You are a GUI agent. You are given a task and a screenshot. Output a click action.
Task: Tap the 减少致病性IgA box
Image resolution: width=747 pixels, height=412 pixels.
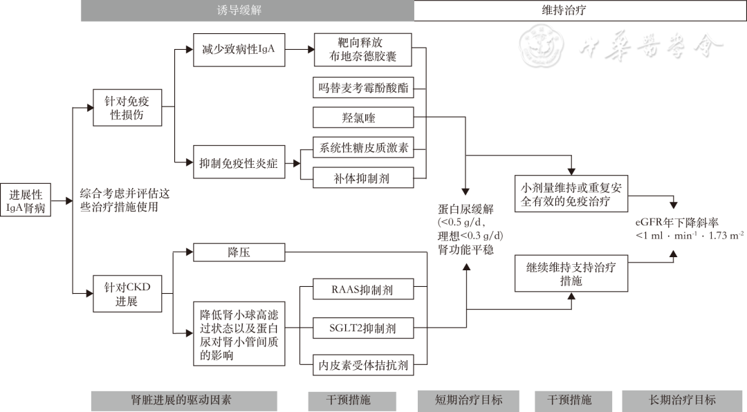(x=239, y=50)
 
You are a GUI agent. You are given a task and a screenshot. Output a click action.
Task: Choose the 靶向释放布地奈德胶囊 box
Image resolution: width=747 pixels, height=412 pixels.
(x=363, y=50)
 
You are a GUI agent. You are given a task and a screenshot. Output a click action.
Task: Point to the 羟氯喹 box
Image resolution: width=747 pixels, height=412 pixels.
(x=363, y=118)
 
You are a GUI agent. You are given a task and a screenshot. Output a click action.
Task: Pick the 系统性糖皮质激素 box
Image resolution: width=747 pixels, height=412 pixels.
(x=363, y=148)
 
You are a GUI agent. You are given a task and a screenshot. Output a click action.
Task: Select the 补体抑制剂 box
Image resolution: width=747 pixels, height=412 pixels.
(x=363, y=178)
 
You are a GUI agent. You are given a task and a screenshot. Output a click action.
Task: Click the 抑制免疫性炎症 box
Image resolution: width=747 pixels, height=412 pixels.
(x=239, y=164)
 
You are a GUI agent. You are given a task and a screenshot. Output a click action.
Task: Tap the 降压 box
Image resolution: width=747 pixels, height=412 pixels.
(x=239, y=252)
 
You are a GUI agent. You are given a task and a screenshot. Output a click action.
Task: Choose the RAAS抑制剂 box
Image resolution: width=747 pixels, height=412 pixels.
(x=363, y=290)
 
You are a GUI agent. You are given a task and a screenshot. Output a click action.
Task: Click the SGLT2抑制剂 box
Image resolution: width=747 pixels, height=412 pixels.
(x=363, y=327)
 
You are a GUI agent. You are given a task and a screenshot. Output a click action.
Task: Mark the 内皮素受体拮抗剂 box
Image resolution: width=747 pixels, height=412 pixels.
(x=363, y=364)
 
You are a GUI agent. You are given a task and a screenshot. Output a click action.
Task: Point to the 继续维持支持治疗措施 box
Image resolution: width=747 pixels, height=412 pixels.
(x=572, y=274)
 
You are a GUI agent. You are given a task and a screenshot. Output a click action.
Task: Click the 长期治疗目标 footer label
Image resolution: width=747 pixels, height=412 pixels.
(x=682, y=400)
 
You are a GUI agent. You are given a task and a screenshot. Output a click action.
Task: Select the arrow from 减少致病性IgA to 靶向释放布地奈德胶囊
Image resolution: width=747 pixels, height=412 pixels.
(x=298, y=50)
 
